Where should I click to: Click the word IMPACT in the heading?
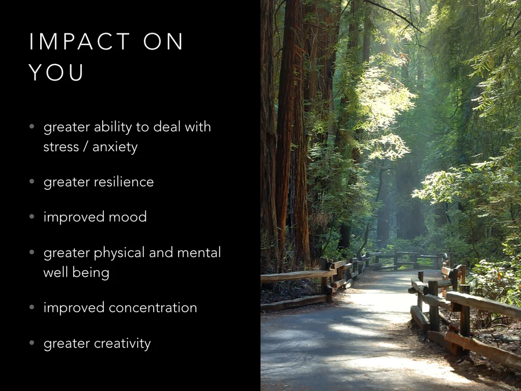coord(80,42)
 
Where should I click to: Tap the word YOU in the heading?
coord(56,73)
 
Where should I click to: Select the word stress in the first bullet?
coord(61,147)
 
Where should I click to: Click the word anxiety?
coord(115,148)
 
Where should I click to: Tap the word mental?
coord(199,253)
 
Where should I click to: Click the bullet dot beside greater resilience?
coord(32,182)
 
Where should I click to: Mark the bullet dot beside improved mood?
coord(32,217)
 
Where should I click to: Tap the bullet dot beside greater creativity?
coord(32,343)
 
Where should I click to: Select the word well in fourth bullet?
coord(55,272)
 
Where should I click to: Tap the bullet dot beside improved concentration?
coord(32,308)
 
